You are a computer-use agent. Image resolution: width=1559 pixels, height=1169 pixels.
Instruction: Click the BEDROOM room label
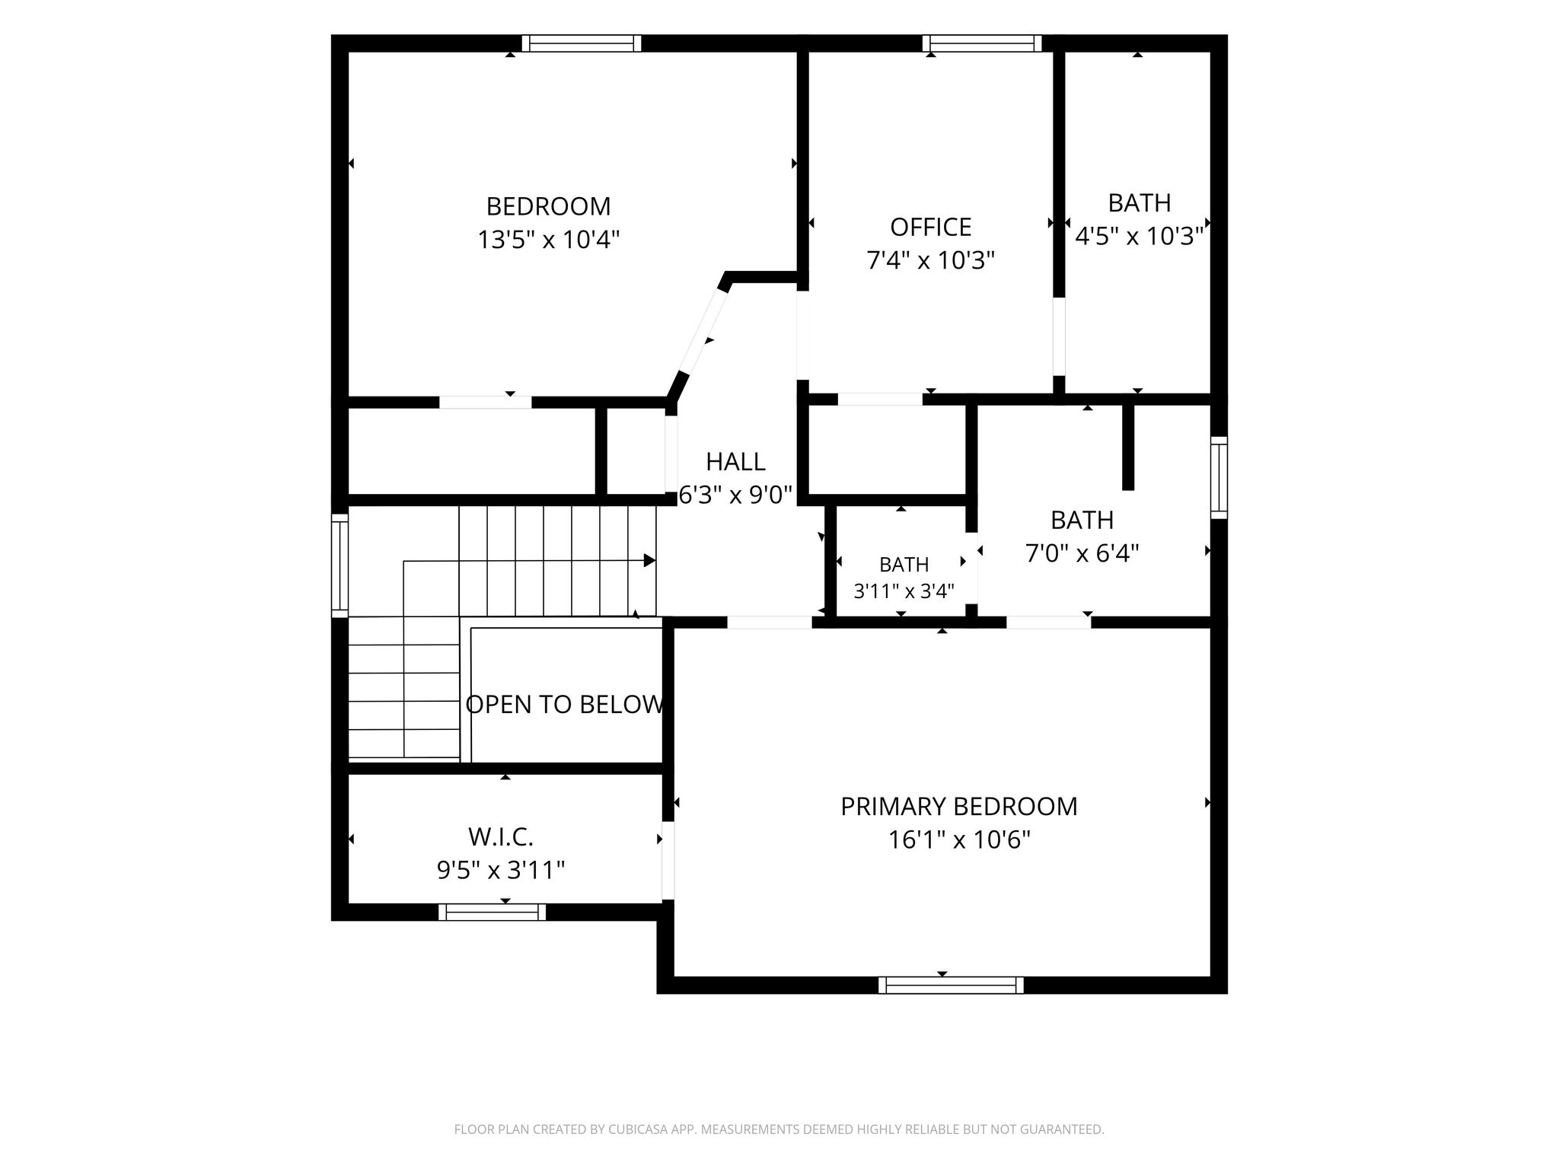pos(548,206)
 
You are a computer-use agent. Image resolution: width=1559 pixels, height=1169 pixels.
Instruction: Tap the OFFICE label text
pos(930,227)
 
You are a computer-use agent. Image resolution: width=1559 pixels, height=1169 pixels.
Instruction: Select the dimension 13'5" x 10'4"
pos(548,240)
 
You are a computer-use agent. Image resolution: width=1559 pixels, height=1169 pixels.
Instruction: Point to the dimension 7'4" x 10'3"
pos(930,261)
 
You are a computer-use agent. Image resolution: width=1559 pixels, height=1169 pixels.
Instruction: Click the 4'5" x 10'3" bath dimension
pos(1139,236)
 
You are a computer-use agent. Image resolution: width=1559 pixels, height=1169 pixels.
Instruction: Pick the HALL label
pos(735,461)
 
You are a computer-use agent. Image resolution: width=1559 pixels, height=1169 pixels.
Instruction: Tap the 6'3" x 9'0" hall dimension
pos(735,495)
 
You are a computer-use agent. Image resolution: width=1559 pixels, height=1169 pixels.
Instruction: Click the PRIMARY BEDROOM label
pos(959,806)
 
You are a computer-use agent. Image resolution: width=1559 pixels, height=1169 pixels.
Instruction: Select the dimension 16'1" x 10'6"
pos(959,840)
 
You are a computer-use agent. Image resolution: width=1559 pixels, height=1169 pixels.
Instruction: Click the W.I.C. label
pos(501,837)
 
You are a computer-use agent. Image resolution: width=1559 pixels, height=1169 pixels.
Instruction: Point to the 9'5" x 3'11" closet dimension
pos(501,870)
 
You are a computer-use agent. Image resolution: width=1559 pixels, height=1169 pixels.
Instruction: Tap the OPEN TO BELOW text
pos(565,705)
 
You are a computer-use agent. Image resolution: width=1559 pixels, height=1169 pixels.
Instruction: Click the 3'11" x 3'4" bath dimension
pos(904,591)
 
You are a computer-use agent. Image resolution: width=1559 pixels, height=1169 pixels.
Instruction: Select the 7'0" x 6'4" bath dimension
pos(1082,553)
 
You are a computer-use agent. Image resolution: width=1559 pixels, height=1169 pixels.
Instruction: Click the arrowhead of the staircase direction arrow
pos(650,561)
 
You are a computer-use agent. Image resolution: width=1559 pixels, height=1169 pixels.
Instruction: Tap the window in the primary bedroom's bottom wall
pos(951,986)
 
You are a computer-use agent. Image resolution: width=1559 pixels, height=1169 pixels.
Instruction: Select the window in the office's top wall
pos(982,43)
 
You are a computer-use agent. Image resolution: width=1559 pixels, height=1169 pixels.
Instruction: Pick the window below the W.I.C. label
pos(493,912)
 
